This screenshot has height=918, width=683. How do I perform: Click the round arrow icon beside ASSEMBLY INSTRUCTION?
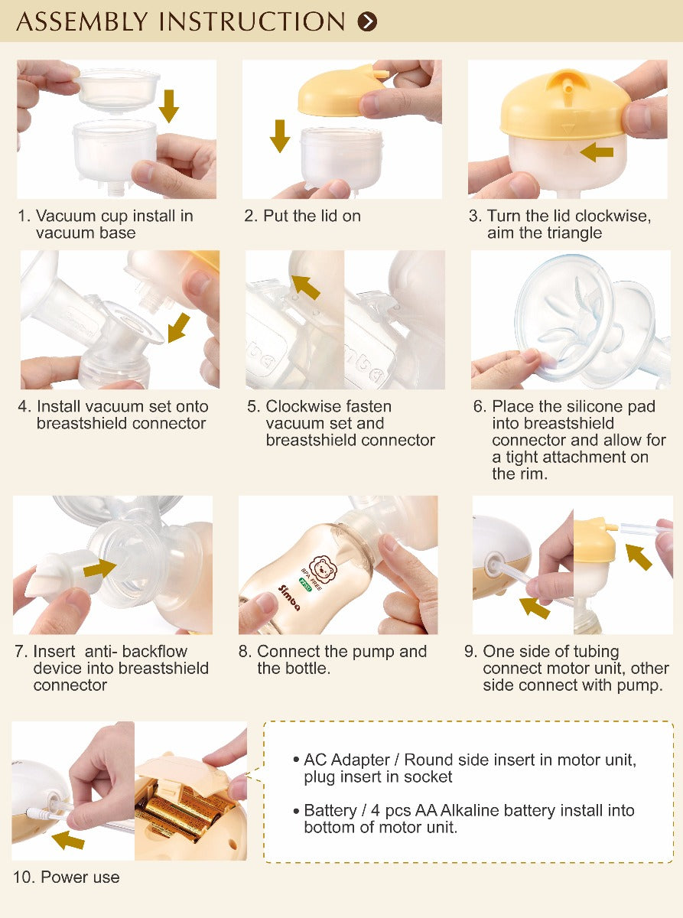coord(367,21)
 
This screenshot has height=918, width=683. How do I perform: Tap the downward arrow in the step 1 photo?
coord(169,106)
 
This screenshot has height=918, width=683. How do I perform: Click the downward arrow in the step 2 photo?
coord(280,135)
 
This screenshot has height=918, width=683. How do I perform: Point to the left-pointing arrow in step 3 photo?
coord(597,152)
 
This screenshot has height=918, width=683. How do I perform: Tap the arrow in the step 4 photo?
coord(179,327)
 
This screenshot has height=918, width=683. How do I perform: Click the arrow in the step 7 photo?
coord(99,568)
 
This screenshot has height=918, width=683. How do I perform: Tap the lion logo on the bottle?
coord(321,568)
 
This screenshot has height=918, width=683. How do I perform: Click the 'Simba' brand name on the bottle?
coord(289,598)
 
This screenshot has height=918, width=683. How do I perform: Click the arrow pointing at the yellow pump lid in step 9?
coord(639,557)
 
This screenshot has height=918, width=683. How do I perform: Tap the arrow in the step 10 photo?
coord(68,840)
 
